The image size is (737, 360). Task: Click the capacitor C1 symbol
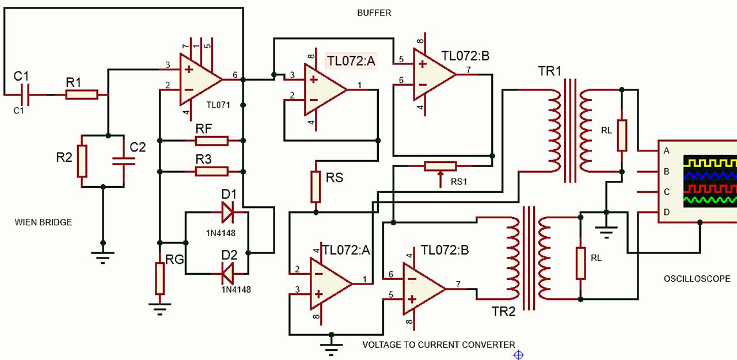click(x=24, y=93)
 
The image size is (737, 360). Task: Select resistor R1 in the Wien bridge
click(x=82, y=94)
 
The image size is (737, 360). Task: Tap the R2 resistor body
click(x=82, y=161)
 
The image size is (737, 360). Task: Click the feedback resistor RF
click(x=211, y=141)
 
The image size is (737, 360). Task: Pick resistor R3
click(x=211, y=171)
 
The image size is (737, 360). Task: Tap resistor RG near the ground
click(x=159, y=278)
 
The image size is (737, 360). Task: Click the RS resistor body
click(x=316, y=187)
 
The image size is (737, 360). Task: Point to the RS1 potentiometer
click(x=440, y=166)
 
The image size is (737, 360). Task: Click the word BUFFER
click(x=374, y=13)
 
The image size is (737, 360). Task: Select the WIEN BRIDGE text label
click(x=43, y=222)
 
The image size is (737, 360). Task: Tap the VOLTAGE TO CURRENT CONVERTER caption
click(x=438, y=344)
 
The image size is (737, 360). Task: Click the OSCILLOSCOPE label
click(x=697, y=278)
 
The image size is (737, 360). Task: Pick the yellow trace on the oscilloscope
click(x=709, y=163)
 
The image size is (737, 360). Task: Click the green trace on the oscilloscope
click(x=709, y=200)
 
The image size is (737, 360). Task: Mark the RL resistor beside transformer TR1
click(x=622, y=135)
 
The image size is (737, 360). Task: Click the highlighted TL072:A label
click(x=351, y=61)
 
